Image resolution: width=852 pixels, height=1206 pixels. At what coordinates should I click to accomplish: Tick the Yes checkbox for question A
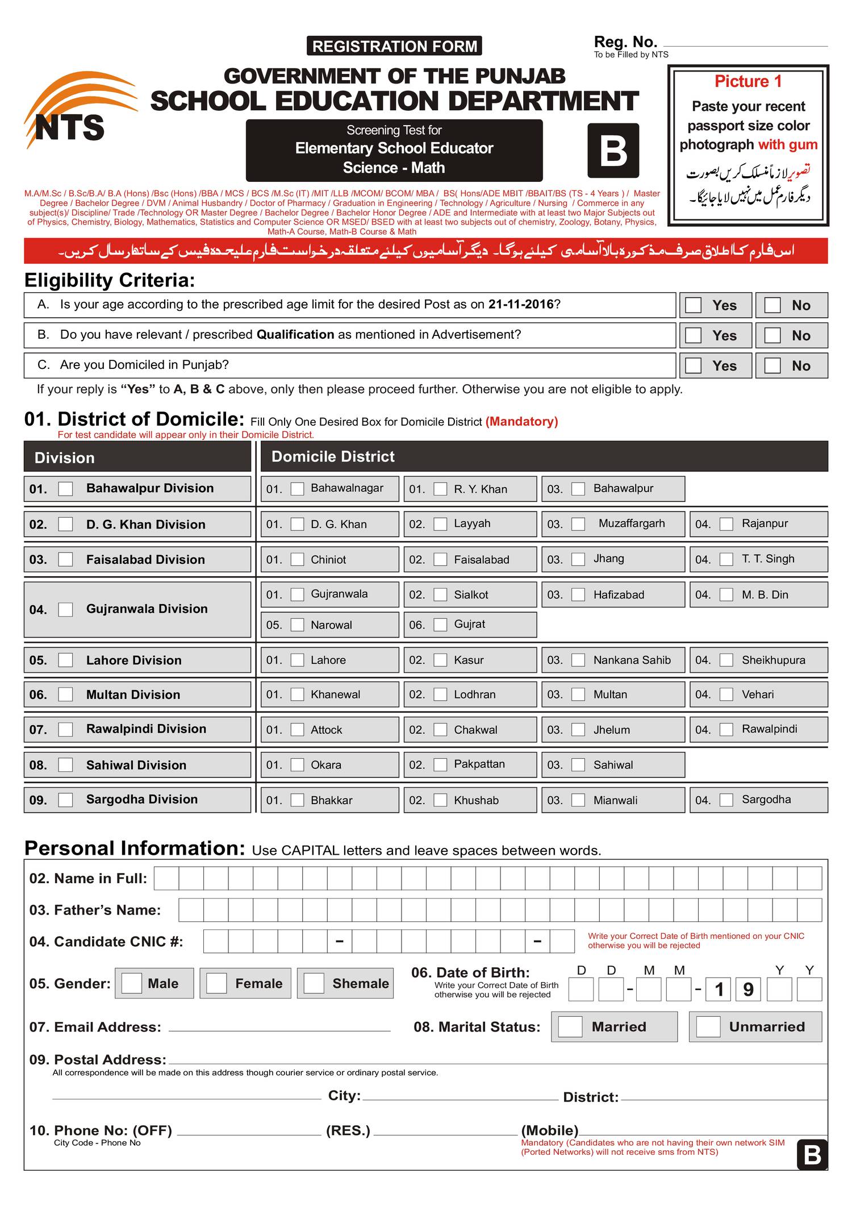[693, 305]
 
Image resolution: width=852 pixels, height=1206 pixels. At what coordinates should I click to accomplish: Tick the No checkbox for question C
[772, 365]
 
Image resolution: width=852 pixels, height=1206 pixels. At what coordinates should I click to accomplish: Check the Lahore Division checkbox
[66, 660]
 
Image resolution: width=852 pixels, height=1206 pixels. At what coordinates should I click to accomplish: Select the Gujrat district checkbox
[440, 625]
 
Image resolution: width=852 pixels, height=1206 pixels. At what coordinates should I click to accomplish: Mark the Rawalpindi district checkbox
[726, 729]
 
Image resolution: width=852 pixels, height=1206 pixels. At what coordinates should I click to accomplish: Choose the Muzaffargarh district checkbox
[578, 524]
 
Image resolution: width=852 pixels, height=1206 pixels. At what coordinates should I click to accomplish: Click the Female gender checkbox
[216, 983]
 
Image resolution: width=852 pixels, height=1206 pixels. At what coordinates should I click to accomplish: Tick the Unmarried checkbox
[708, 1026]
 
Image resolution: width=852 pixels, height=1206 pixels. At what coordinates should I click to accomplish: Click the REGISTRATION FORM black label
[394, 46]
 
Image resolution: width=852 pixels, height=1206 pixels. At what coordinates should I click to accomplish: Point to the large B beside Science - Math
[613, 151]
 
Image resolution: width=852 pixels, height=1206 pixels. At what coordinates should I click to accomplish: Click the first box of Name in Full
[166, 878]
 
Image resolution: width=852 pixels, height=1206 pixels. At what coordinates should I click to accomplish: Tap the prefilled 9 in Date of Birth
[748, 989]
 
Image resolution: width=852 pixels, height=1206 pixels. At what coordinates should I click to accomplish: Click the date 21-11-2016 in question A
[520, 304]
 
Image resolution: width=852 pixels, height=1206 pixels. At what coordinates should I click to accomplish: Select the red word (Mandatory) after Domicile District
[521, 421]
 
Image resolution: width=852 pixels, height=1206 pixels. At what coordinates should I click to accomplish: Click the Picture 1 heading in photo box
[748, 82]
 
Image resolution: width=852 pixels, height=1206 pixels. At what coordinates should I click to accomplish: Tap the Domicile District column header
[333, 456]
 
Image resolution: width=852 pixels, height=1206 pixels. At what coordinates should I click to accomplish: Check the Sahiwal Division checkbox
[66, 765]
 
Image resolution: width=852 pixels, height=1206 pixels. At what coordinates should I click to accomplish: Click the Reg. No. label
[625, 42]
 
